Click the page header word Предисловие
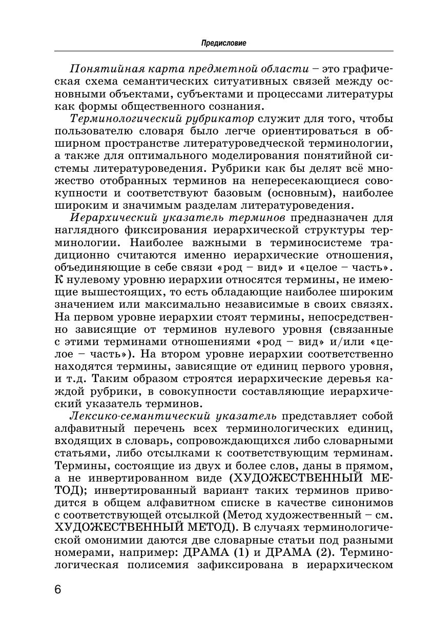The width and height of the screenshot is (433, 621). pyautogui.click(x=223, y=43)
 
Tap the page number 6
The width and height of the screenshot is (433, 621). pyautogui.click(x=58, y=589)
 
